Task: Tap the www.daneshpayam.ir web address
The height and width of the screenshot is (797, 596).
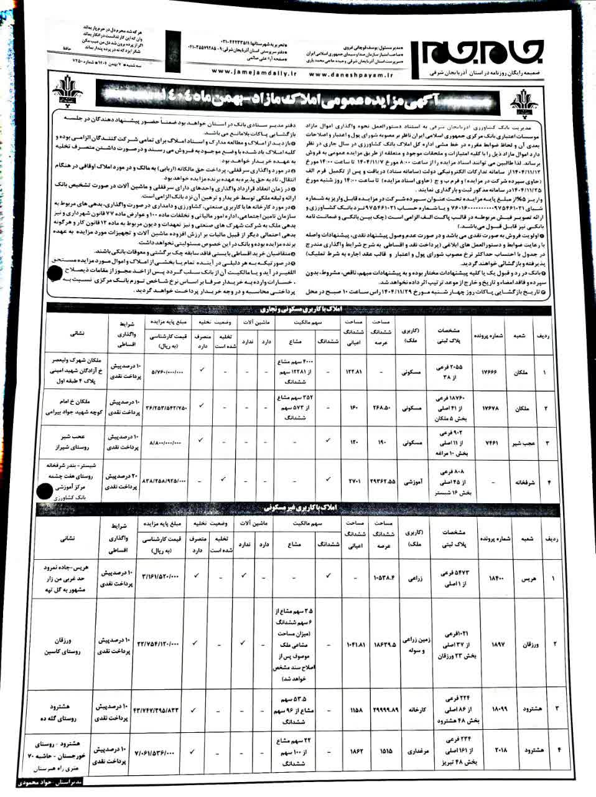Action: click(x=352, y=73)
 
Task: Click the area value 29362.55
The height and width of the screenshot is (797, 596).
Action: click(x=382, y=481)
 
